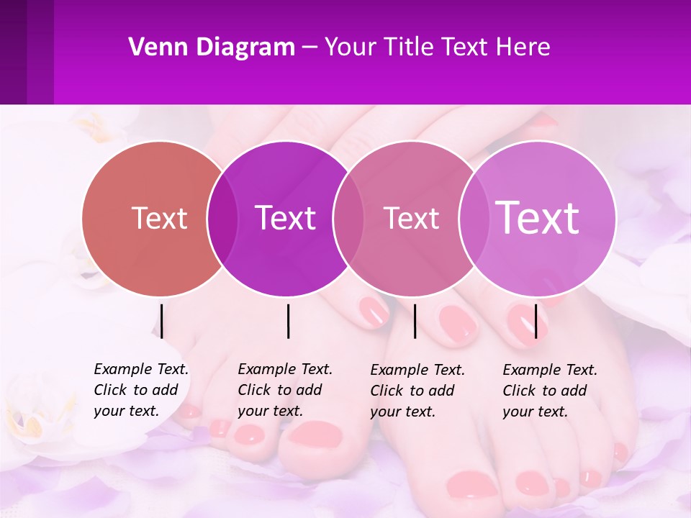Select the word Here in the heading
pyautogui.click(x=523, y=47)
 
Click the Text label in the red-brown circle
pyautogui.click(x=159, y=218)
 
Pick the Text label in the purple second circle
pyautogui.click(x=285, y=218)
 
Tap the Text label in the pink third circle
pyautogui.click(x=411, y=218)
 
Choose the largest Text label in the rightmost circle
pyautogui.click(x=538, y=217)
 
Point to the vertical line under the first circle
pyautogui.click(x=162, y=321)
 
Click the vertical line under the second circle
pyautogui.click(x=288, y=321)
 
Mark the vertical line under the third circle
pyautogui.click(x=415, y=321)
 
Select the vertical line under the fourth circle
pyautogui.click(x=536, y=321)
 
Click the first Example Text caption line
pyautogui.click(x=141, y=369)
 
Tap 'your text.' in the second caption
pyautogui.click(x=270, y=411)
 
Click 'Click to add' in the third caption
pyautogui.click(x=412, y=391)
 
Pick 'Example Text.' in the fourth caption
pyautogui.click(x=550, y=370)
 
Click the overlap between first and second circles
pyautogui.click(x=222, y=218)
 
